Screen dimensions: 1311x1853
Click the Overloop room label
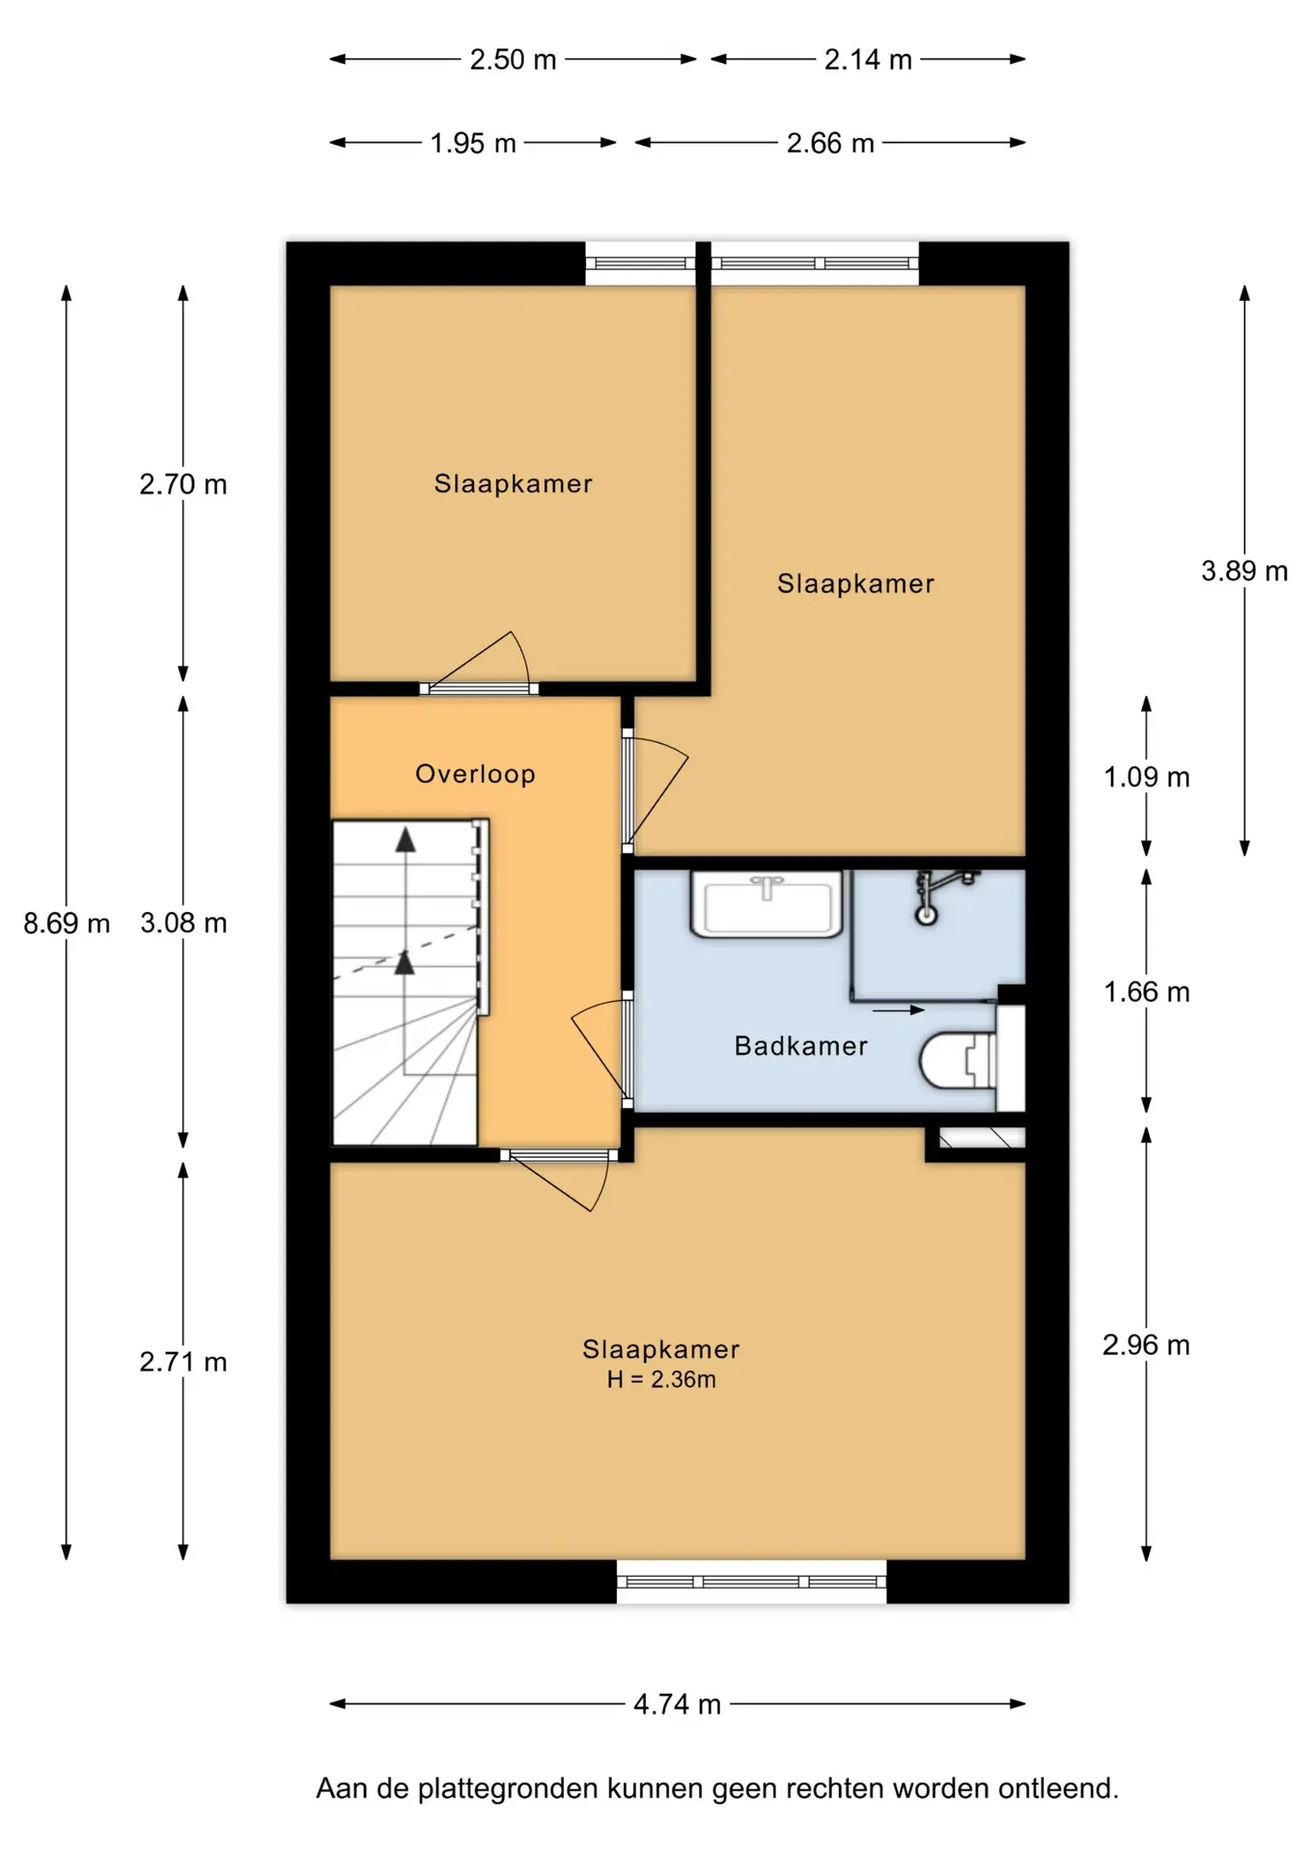click(475, 774)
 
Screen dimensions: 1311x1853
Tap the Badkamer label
click(801, 1046)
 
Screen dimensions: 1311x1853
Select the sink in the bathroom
click(767, 903)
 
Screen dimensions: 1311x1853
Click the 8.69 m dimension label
click(67, 924)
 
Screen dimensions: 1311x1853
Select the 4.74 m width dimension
click(677, 1704)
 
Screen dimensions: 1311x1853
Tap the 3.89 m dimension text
click(1244, 571)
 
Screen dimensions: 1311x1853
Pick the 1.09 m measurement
click(1147, 777)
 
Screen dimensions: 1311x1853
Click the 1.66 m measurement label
click(1147, 992)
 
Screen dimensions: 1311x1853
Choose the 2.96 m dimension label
click(1146, 1345)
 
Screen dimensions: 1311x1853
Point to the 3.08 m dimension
click(183, 924)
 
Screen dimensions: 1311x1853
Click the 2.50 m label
click(513, 60)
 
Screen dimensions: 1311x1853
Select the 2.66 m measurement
click(830, 144)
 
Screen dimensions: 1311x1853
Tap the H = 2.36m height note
click(661, 1380)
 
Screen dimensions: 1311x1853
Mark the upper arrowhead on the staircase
click(405, 840)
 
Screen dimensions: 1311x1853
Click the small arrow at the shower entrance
click(898, 1010)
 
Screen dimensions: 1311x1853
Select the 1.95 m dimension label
click(473, 144)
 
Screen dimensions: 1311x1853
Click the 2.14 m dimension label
click(868, 60)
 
